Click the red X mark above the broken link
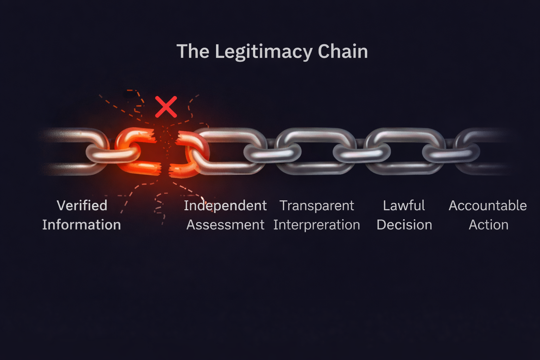(x=166, y=107)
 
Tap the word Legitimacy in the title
(x=263, y=52)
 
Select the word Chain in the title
(x=343, y=51)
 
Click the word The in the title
(x=193, y=51)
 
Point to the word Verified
(x=82, y=206)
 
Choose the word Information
(x=82, y=225)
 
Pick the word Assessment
(x=225, y=225)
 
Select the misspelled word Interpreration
(x=316, y=225)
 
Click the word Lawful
(x=404, y=206)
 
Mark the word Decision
(x=404, y=225)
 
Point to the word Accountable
(x=487, y=206)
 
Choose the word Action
(x=488, y=225)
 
